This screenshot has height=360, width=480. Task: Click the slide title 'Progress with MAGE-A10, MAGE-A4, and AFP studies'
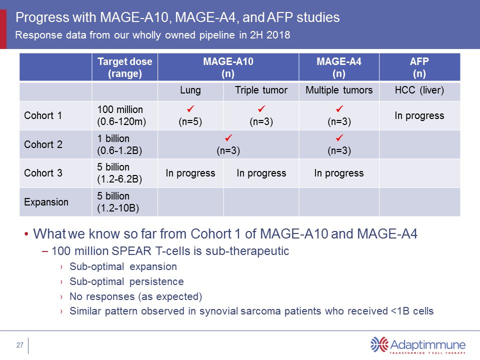click(x=178, y=18)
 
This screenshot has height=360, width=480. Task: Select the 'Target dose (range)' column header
click(x=124, y=67)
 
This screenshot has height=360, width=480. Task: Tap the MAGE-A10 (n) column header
click(x=228, y=67)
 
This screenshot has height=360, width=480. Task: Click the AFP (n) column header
click(x=419, y=67)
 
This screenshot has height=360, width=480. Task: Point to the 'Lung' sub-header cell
click(x=190, y=90)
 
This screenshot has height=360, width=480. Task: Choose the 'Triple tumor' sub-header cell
click(x=261, y=90)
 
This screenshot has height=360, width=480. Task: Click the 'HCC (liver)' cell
click(x=419, y=90)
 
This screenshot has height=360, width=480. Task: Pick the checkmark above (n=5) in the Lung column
click(x=190, y=109)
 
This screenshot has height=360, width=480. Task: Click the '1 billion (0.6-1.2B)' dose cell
click(x=120, y=144)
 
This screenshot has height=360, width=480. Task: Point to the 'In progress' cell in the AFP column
click(x=419, y=115)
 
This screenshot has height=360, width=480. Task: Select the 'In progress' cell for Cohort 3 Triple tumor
click(x=261, y=173)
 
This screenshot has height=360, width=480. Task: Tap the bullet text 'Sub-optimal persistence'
click(x=126, y=281)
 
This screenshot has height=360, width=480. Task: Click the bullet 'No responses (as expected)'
click(x=135, y=296)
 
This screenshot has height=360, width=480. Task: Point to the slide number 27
click(x=20, y=345)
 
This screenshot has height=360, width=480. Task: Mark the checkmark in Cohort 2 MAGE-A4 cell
click(x=338, y=137)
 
